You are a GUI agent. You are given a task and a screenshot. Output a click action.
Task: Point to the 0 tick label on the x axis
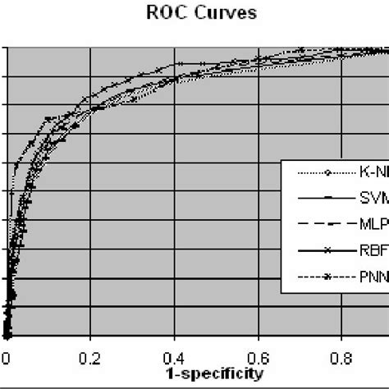(x=7, y=357)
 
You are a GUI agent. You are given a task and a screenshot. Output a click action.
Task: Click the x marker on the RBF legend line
(x=327, y=250)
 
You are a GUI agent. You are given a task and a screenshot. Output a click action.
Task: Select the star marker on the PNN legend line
(x=327, y=277)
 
